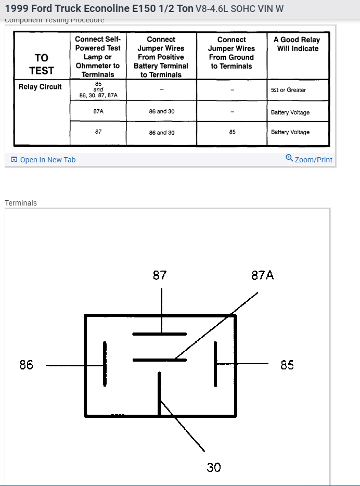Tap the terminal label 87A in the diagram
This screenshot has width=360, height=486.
tap(262, 275)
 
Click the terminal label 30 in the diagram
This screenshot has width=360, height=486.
tap(214, 467)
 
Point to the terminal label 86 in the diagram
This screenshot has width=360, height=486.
tap(27, 365)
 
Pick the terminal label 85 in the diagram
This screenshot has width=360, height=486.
tap(287, 365)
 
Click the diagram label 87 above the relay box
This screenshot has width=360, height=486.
tap(160, 275)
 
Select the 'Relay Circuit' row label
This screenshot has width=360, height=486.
tap(40, 87)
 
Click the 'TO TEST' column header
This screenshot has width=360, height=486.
tap(41, 65)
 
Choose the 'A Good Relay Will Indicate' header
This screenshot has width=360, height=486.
tap(297, 44)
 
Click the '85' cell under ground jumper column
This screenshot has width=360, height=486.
tap(232, 132)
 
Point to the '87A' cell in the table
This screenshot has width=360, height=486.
tap(98, 111)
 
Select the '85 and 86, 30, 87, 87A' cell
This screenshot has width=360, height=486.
tap(98, 89)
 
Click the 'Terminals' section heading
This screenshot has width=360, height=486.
tap(21, 203)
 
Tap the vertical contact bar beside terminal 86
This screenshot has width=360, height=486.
tap(105, 364)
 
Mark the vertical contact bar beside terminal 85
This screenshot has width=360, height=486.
tap(214, 364)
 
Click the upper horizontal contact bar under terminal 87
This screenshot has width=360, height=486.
tap(159, 334)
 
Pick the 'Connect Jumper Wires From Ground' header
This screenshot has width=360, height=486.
tap(232, 53)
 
